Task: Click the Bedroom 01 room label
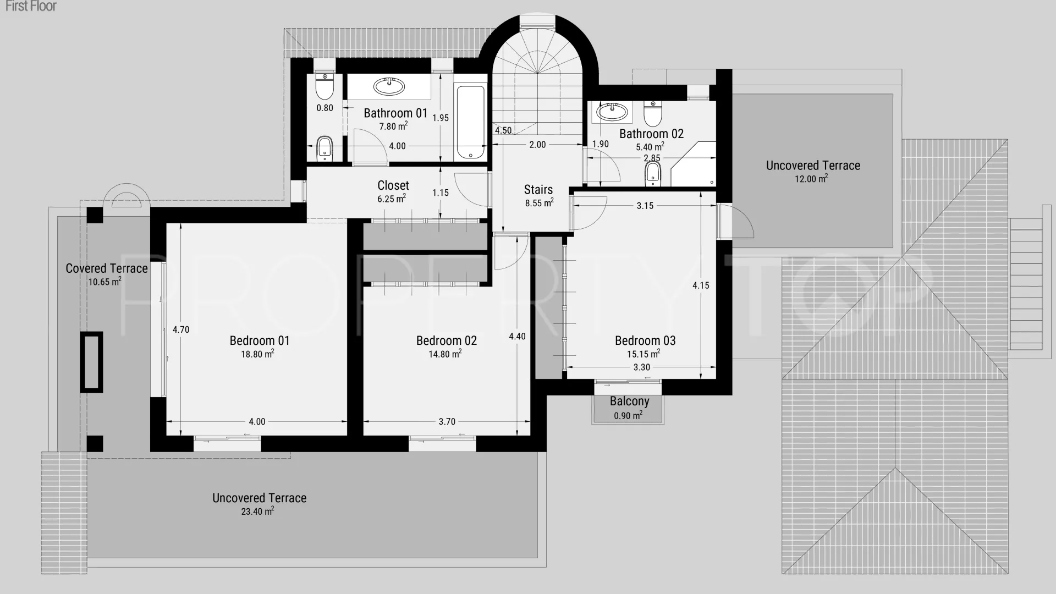(x=260, y=340)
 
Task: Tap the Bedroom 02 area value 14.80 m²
(x=445, y=354)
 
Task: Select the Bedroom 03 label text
(x=645, y=340)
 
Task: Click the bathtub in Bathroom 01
(x=471, y=122)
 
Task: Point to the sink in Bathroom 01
(x=389, y=86)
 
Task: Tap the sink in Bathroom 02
(x=612, y=112)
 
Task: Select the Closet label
(x=393, y=185)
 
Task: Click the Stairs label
(x=538, y=189)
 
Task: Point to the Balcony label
(x=629, y=401)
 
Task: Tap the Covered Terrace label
(x=107, y=268)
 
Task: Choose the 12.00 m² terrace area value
(x=811, y=178)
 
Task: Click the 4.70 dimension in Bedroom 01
(x=181, y=329)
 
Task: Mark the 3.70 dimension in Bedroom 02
(x=447, y=421)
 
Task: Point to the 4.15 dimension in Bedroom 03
(x=701, y=285)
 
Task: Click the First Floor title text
(x=31, y=6)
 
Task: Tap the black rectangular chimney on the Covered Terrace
(x=91, y=362)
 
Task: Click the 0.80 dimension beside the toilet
(x=324, y=108)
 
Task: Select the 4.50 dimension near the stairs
(x=503, y=130)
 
